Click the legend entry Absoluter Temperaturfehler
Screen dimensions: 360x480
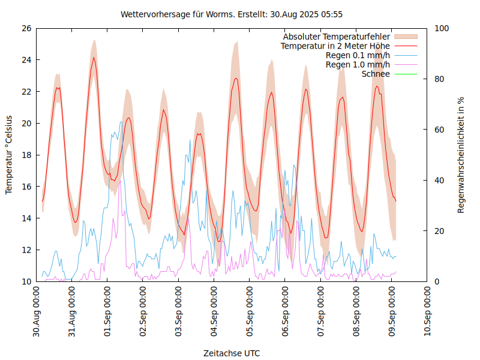coord(337,37)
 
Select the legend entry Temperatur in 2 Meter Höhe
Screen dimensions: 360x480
coord(335,46)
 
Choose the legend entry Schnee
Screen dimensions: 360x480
coord(376,74)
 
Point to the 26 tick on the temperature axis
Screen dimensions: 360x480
coord(26,28)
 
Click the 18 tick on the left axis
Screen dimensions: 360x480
coord(26,155)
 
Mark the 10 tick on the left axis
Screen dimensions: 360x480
coord(26,281)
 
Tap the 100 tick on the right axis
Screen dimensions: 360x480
coord(442,28)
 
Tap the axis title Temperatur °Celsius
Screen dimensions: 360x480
coord(9,155)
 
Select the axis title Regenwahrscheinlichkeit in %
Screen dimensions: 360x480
coord(461,155)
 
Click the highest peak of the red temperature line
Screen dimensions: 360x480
coord(94,58)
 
